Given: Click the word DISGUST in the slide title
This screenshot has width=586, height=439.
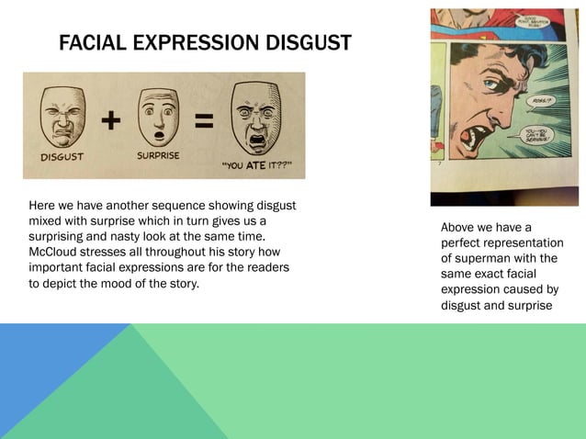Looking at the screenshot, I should [x=305, y=42].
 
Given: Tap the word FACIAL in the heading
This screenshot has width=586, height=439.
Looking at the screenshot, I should [x=90, y=42].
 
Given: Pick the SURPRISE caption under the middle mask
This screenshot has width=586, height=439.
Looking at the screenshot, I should [x=158, y=155].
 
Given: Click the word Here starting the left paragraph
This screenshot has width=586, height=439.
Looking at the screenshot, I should [x=42, y=205].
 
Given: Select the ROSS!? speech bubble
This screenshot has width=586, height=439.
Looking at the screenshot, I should [x=541, y=104].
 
